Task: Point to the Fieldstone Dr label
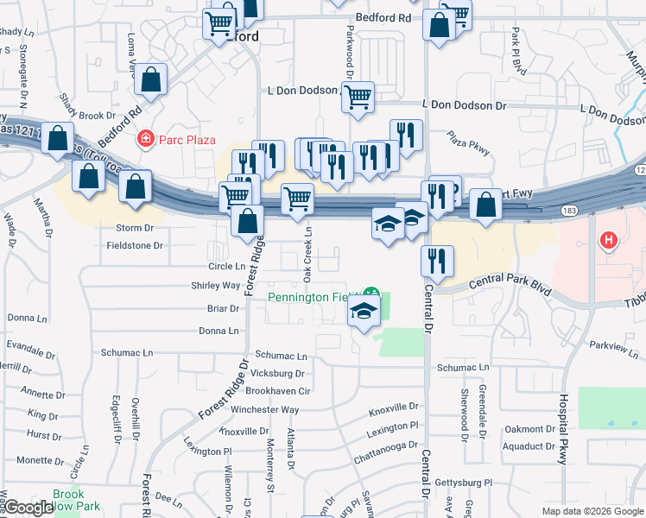(134, 246)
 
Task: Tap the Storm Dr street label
(134, 229)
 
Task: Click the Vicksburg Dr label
(275, 374)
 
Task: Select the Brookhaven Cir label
(279, 391)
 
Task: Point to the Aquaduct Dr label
(530, 446)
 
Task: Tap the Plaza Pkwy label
(468, 144)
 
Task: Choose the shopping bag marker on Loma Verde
(151, 79)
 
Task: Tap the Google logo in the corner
(28, 509)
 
